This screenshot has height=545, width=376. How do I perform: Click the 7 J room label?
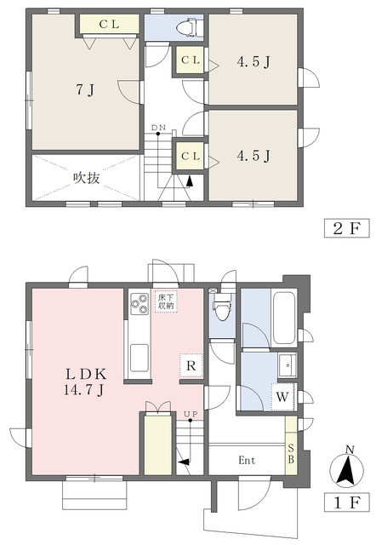click(x=85, y=90)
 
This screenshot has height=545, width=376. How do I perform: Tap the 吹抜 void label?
click(x=87, y=178)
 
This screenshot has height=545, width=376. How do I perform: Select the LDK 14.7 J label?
click(x=86, y=381)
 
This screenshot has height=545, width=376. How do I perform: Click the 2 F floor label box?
click(x=347, y=228)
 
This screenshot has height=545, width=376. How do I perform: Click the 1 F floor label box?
click(x=347, y=502)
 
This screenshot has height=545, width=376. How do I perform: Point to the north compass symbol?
click(x=346, y=468)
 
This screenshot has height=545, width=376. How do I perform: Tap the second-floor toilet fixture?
click(x=187, y=27)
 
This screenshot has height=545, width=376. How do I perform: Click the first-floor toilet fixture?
click(x=222, y=307)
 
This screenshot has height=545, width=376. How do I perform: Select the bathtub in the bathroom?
click(x=284, y=318)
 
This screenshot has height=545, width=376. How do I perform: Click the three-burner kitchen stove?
click(x=140, y=304)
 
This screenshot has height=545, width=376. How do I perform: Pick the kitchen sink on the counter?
click(x=140, y=358)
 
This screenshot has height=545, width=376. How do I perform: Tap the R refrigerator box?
click(x=191, y=365)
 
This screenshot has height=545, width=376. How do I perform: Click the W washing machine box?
click(x=282, y=396)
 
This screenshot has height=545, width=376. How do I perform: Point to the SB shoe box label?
click(x=291, y=454)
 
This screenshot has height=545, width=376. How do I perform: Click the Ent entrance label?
click(x=247, y=461)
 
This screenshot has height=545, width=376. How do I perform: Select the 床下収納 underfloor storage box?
click(x=166, y=301)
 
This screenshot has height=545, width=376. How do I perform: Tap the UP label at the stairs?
click(x=191, y=414)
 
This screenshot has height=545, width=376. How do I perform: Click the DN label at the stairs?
click(x=158, y=128)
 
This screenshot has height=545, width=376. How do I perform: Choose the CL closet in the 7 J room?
click(x=109, y=24)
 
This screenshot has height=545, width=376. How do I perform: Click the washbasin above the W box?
click(x=287, y=365)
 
